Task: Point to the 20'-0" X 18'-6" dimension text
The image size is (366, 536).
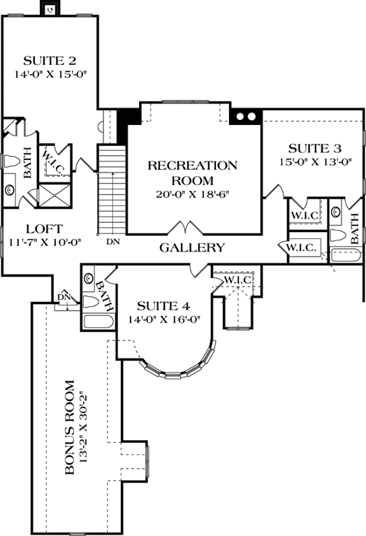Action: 192,194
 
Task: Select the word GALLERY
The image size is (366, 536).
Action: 192,247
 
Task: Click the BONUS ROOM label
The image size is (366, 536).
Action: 70,428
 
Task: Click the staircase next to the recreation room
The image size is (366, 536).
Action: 110,189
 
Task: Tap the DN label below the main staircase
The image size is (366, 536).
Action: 112,242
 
